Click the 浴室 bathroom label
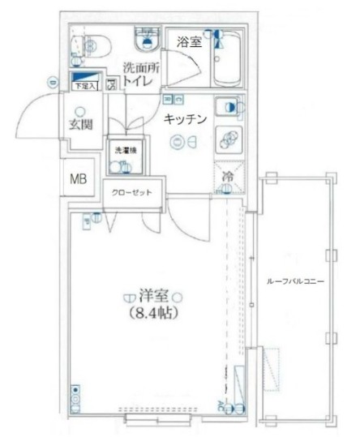click(x=189, y=42)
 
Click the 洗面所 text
click(x=140, y=68)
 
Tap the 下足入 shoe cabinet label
click(x=84, y=84)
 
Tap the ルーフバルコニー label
click(x=295, y=282)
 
